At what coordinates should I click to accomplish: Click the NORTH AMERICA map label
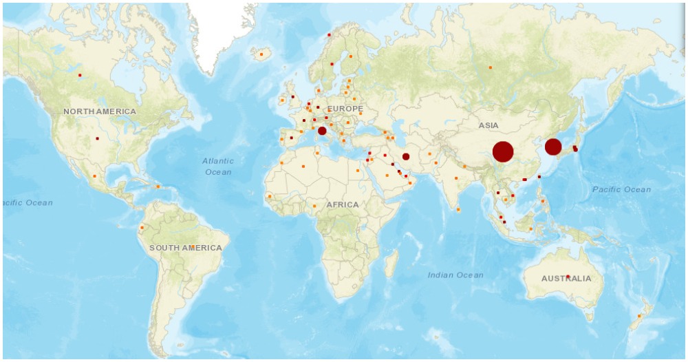point(100,111)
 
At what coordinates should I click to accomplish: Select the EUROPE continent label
point(345,109)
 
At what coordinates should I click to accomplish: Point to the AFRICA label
point(343,204)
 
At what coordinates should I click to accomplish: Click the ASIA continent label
point(488,125)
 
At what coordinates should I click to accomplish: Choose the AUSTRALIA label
point(566,279)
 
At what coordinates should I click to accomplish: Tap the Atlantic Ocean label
point(218,166)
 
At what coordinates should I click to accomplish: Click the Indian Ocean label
point(455,275)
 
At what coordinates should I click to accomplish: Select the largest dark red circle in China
point(503,151)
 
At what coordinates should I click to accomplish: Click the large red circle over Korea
point(553,147)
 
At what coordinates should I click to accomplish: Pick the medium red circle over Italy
point(322,131)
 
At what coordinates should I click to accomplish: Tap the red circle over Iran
point(406,156)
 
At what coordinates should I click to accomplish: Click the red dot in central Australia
point(568,277)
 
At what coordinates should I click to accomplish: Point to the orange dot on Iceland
point(261,54)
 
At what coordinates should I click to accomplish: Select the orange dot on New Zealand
point(640,316)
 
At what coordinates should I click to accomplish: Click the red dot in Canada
point(80,75)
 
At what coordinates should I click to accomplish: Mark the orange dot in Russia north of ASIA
point(491,67)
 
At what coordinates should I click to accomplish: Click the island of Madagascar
point(391,264)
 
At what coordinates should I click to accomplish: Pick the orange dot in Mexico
point(94,176)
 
